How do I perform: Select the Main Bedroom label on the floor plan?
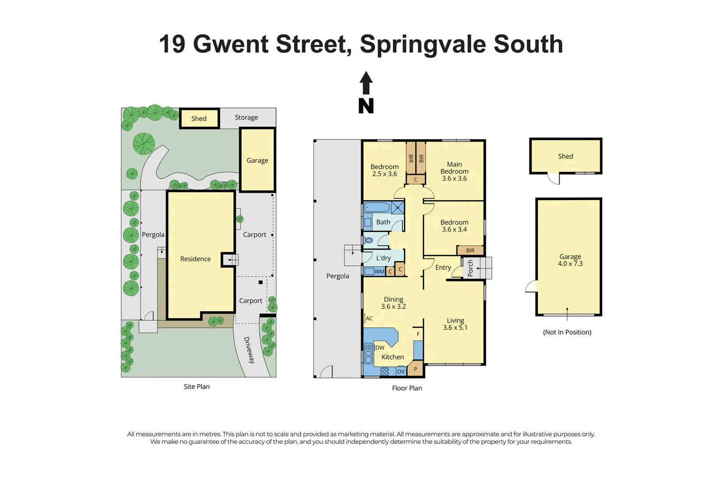(454, 171)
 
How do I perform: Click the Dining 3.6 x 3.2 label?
(393, 303)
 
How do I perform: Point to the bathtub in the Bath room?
(377, 207)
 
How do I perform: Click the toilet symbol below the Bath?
(368, 240)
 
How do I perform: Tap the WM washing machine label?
(379, 272)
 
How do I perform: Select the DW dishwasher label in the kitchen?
(380, 348)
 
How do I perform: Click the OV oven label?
(401, 371)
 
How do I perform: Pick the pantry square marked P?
(415, 369)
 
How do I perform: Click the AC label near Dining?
(369, 318)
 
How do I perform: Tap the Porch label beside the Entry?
(470, 268)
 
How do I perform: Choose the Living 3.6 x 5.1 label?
(455, 324)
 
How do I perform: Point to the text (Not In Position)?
(567, 332)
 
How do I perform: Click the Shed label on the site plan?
(199, 119)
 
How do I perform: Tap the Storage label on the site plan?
(246, 117)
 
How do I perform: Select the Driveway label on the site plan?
(249, 350)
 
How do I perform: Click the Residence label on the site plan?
(195, 259)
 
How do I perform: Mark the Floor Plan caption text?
(407, 388)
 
